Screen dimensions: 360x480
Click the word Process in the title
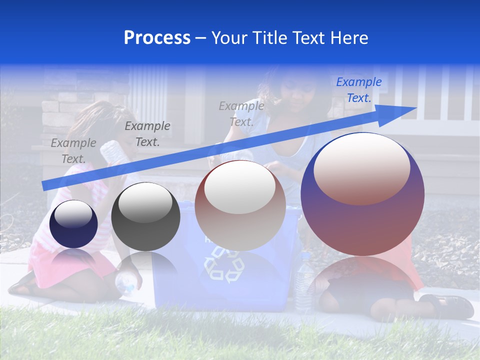tap(157, 38)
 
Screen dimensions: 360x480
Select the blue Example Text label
tap(359, 90)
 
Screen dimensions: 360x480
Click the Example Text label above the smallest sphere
tap(73, 150)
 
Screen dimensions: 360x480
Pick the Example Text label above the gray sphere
tap(147, 134)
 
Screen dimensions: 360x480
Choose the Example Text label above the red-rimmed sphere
tap(241, 113)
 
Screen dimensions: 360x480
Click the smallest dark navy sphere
tap(73, 224)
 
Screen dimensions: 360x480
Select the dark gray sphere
tap(145, 217)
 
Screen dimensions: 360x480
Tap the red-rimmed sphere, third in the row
tap(240, 206)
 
